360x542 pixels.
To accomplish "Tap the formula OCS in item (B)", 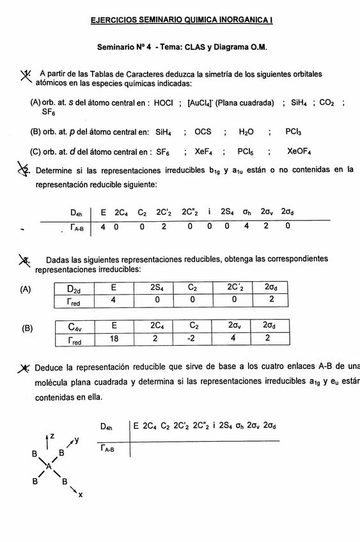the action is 203,132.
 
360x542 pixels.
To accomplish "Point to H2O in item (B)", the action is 246,132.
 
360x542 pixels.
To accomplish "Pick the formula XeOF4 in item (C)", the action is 300,152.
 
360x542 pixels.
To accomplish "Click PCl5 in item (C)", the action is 246,152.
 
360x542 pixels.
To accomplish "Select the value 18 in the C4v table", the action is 114,339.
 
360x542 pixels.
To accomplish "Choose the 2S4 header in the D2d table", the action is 154,288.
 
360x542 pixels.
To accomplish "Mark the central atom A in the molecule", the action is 49,467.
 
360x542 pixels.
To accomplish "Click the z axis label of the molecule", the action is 52,435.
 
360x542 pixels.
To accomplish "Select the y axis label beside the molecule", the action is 76,440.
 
